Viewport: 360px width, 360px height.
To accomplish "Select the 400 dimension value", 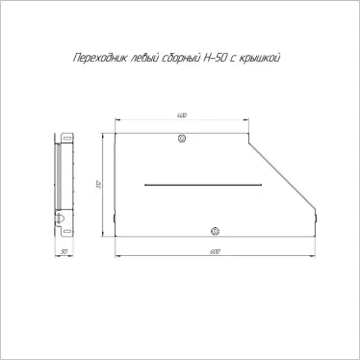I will [x=182, y=116].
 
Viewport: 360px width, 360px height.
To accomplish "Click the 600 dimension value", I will [x=214, y=251].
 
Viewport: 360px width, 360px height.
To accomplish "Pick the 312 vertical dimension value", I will [x=99, y=184].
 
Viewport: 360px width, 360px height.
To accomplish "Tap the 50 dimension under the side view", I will [x=63, y=251].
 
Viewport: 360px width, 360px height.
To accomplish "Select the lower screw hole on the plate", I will [x=215, y=230].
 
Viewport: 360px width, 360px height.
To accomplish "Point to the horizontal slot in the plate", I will [x=202, y=183].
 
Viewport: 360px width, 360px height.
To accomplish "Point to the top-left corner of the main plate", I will [x=115, y=132].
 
